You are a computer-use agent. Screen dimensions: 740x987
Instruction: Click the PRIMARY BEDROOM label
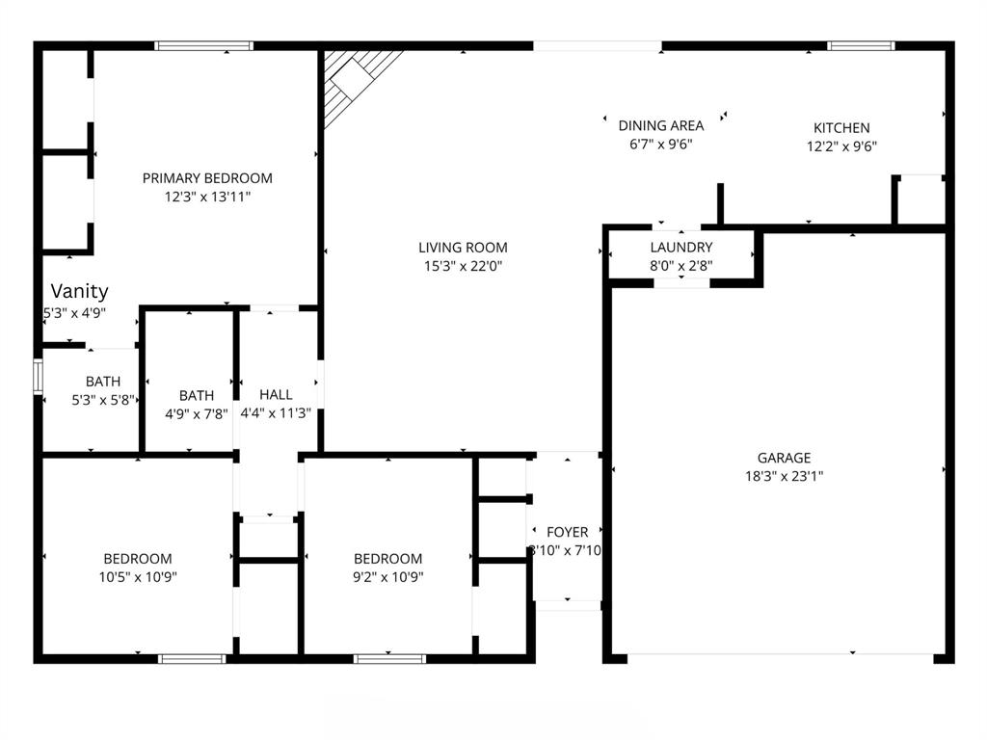pos(207,178)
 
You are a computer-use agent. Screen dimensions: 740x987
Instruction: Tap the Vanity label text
pos(79,291)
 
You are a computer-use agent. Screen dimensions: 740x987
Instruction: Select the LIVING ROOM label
pos(463,248)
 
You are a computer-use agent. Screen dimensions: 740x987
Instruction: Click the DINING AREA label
pos(660,125)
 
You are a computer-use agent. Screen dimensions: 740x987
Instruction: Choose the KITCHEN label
pos(841,128)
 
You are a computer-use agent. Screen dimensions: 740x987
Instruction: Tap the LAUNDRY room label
pos(681,248)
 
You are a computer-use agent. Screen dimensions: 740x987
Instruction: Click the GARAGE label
pos(783,458)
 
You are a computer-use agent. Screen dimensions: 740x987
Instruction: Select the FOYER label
pos(567,532)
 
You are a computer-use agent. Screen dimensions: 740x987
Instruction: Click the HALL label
pos(276,395)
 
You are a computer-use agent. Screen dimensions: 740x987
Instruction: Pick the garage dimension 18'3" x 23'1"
pos(783,476)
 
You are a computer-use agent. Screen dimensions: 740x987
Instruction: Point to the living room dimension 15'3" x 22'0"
pos(463,266)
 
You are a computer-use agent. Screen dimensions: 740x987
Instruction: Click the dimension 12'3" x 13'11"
pos(207,197)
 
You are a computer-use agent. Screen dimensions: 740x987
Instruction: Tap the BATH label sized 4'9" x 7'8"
pos(197,396)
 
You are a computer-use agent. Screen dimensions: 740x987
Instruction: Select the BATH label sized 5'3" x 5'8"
pos(103,382)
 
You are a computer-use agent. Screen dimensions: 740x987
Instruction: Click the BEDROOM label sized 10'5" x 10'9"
pos(138,559)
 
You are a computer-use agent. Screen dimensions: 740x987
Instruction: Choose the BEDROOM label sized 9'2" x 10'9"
pos(388,559)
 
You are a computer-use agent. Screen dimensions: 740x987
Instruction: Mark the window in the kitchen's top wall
pos(861,45)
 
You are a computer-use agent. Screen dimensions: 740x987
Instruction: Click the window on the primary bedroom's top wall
pos(204,45)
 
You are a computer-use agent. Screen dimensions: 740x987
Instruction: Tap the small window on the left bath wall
pos(39,377)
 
